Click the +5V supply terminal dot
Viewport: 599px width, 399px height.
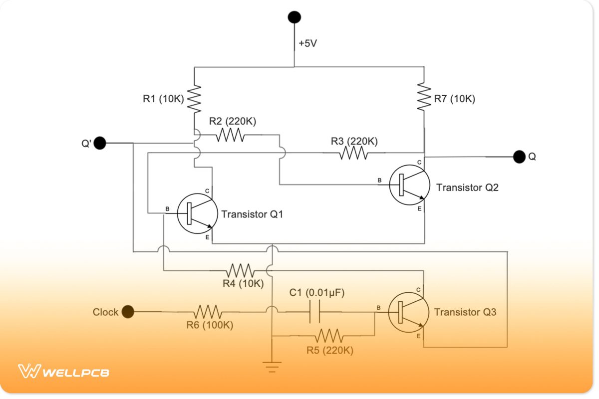coord(294,17)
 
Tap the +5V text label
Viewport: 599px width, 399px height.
coord(307,43)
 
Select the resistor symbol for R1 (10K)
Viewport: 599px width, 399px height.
coord(194,99)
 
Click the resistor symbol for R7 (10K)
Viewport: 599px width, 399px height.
coord(423,96)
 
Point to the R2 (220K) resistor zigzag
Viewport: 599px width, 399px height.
coord(230,135)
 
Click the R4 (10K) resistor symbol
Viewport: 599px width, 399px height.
coord(240,271)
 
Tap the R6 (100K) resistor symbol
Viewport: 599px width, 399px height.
coord(209,312)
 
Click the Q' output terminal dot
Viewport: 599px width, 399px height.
coord(100,143)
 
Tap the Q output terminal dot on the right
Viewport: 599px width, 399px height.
coord(519,157)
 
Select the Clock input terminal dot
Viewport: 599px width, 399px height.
coord(128,312)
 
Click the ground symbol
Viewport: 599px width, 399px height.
coord(272,367)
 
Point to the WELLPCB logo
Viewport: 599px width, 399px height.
coord(64,372)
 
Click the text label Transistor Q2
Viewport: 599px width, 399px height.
coord(467,188)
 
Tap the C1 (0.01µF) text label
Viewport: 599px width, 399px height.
coord(317,292)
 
